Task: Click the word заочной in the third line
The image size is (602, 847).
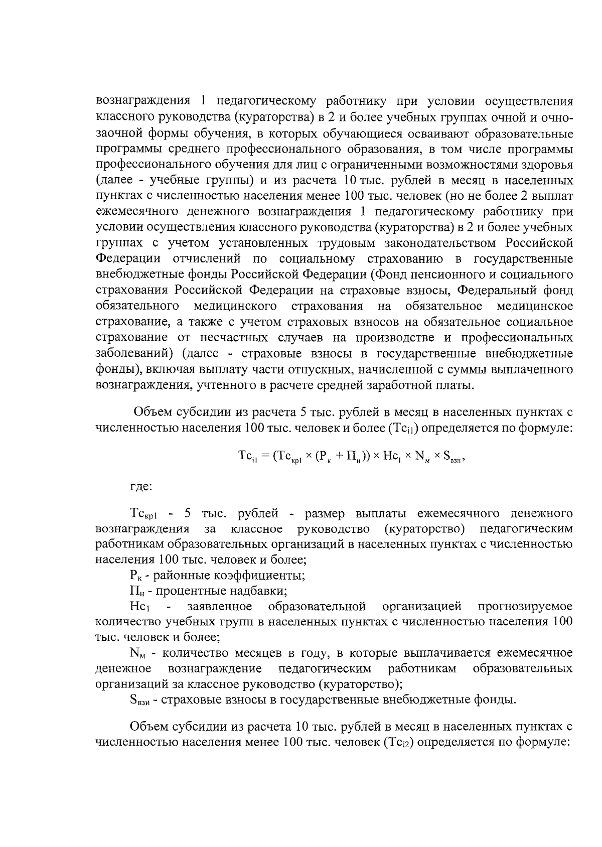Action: pos(116,133)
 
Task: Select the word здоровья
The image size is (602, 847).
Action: pos(549,165)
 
